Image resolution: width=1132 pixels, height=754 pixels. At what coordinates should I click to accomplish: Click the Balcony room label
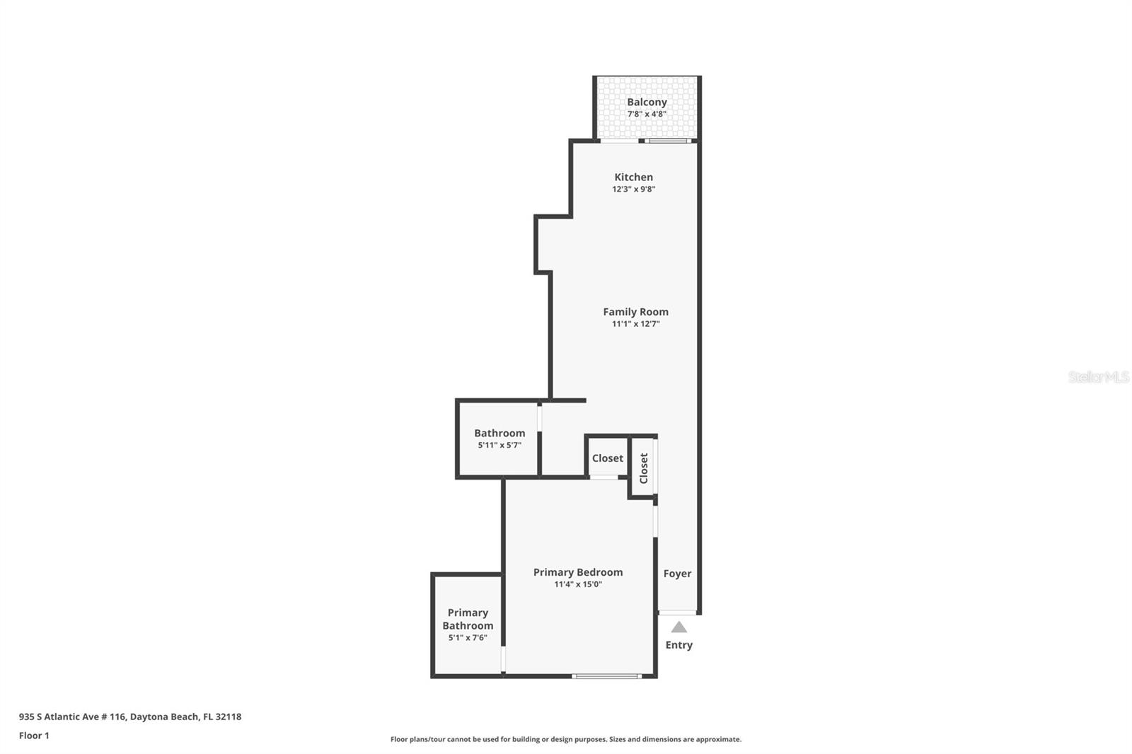pyautogui.click(x=647, y=102)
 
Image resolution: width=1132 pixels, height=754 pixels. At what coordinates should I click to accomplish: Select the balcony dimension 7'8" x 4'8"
pyautogui.click(x=647, y=114)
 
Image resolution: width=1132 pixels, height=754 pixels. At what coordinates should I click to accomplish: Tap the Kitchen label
pyautogui.click(x=633, y=177)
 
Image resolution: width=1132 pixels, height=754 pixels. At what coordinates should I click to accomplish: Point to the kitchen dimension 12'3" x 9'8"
pyautogui.click(x=633, y=189)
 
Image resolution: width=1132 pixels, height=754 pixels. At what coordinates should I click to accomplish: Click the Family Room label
pyautogui.click(x=635, y=311)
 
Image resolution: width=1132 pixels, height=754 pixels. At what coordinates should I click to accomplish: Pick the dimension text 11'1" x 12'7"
pyautogui.click(x=635, y=324)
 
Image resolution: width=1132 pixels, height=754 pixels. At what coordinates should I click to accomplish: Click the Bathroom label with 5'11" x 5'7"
pyautogui.click(x=499, y=433)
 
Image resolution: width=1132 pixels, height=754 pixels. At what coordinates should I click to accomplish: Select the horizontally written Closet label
pyautogui.click(x=607, y=458)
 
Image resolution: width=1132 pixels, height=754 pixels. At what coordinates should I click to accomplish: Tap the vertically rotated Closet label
pyautogui.click(x=644, y=468)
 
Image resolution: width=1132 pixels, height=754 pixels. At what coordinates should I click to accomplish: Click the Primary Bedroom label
pyautogui.click(x=578, y=572)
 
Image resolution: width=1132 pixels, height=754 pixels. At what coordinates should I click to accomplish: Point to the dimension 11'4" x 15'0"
pyautogui.click(x=578, y=584)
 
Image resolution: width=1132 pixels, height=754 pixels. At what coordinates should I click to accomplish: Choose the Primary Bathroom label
pyautogui.click(x=468, y=619)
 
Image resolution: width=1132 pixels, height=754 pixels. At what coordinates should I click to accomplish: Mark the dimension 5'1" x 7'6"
pyautogui.click(x=468, y=638)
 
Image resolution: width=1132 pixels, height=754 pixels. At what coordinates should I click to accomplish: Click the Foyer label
pyautogui.click(x=677, y=574)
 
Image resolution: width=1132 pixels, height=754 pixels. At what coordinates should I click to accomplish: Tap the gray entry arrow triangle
pyautogui.click(x=678, y=627)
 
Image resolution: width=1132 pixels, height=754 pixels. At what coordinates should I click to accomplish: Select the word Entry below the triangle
pyautogui.click(x=678, y=645)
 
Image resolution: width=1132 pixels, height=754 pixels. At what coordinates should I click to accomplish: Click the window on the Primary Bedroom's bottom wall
pyautogui.click(x=607, y=676)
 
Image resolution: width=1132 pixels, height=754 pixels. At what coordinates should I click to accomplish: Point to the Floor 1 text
pyautogui.click(x=34, y=736)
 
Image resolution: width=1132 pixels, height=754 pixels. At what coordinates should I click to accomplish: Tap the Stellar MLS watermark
pyautogui.click(x=1098, y=377)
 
